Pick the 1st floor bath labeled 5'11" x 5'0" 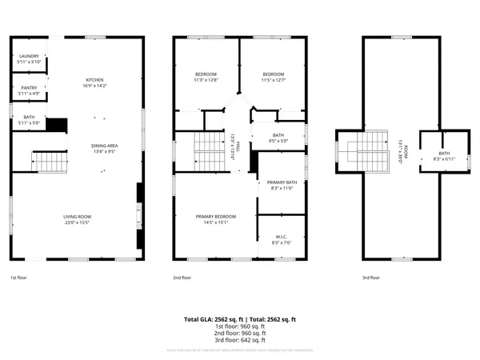28,121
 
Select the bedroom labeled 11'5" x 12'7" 273,77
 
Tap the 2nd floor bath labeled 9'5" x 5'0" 278,138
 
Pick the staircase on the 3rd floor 375,147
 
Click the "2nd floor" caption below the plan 182,278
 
